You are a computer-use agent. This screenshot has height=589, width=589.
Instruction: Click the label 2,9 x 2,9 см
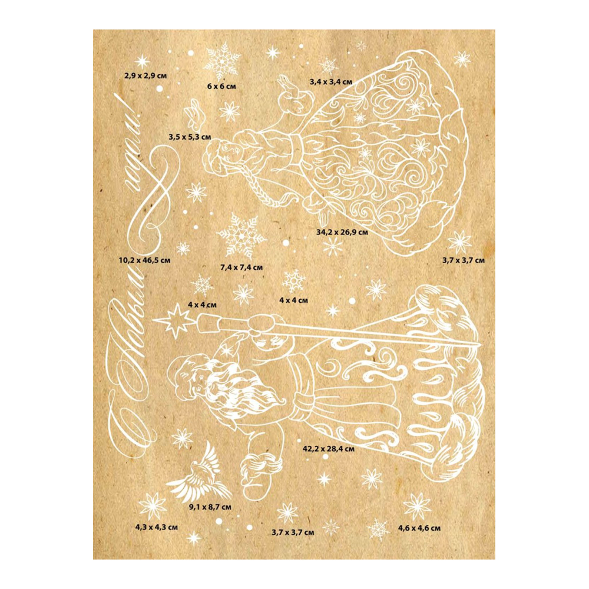pos(144,76)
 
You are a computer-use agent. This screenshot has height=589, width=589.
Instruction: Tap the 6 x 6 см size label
pos(221,86)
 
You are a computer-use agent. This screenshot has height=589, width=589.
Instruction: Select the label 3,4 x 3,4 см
pos(331,81)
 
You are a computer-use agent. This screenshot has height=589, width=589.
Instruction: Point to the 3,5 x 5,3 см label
pos(189,137)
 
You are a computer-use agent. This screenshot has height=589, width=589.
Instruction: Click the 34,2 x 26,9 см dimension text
pos(342,232)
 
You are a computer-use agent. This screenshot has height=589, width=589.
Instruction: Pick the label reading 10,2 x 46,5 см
pos(144,259)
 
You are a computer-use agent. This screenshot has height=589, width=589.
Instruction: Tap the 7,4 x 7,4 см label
pos(241,267)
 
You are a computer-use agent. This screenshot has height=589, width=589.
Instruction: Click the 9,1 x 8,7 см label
pos(210,506)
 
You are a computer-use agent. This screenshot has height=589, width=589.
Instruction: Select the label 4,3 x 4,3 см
pos(157,527)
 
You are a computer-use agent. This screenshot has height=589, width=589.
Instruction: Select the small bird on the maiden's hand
pos(287,88)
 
